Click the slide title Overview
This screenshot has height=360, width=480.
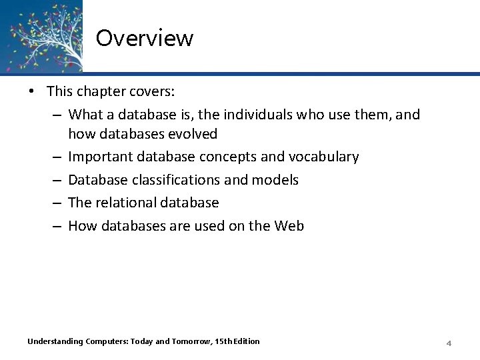pyautogui.click(x=144, y=38)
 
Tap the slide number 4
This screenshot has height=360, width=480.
pyautogui.click(x=449, y=343)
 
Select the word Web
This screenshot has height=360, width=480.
pyautogui.click(x=289, y=225)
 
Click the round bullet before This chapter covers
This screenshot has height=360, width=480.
pyautogui.click(x=33, y=91)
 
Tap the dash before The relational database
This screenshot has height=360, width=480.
pyautogui.click(x=58, y=202)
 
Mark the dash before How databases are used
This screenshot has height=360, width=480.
pyautogui.click(x=58, y=225)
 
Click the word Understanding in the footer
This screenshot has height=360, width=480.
pyautogui.click(x=55, y=341)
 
